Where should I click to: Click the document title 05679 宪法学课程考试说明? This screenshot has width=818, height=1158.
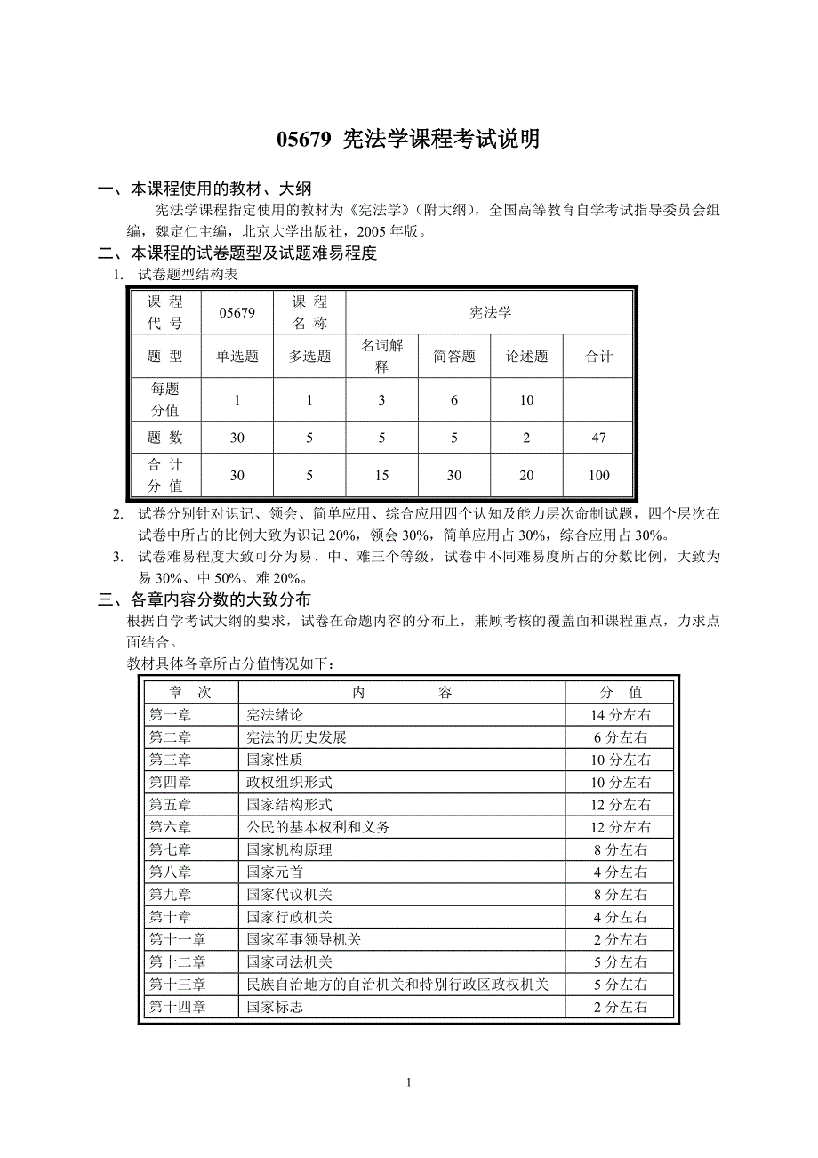(x=408, y=140)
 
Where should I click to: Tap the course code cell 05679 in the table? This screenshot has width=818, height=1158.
(x=237, y=312)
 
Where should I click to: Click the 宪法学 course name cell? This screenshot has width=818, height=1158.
(x=490, y=312)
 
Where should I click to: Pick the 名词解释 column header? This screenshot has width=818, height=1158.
(x=382, y=356)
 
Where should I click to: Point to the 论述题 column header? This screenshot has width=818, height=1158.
(x=526, y=357)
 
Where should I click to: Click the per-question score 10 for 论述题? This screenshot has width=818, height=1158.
(x=526, y=400)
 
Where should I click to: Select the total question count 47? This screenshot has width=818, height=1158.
(x=598, y=438)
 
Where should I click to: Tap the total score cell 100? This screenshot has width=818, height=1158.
(x=598, y=476)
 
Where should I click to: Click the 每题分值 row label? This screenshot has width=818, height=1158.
(x=165, y=400)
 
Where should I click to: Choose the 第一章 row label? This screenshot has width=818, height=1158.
(x=170, y=714)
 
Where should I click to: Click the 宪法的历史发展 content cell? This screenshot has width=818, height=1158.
(x=296, y=737)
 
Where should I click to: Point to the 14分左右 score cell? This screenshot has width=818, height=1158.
(x=622, y=714)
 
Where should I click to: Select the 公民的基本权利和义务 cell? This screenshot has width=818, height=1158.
(x=317, y=827)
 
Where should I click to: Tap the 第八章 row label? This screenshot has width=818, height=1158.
(x=170, y=873)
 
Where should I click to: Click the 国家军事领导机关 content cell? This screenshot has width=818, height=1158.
(x=303, y=939)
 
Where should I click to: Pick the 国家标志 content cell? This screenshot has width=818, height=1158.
(x=275, y=1007)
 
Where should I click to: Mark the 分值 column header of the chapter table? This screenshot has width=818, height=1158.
(x=622, y=692)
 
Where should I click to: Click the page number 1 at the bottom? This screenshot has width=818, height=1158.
(x=408, y=1082)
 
